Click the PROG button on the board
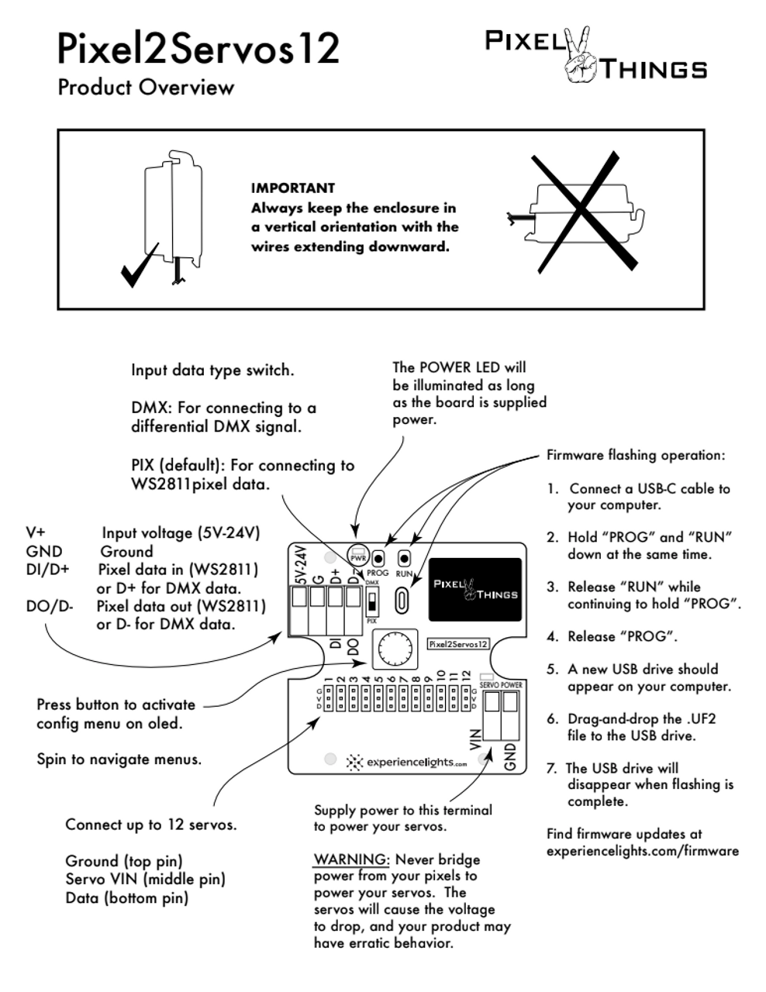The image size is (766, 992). point(378,558)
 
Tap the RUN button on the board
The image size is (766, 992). point(404,558)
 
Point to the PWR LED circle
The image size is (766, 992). point(358,555)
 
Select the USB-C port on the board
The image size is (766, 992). point(402,599)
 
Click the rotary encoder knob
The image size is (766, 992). point(393,649)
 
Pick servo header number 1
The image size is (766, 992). point(329,695)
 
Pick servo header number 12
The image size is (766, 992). point(466,695)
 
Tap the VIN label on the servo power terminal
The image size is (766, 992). point(476,739)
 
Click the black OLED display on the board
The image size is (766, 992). point(474,589)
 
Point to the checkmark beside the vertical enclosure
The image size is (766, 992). point(140,267)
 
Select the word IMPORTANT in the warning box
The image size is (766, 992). point(293,188)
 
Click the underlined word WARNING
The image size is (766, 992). point(351,859)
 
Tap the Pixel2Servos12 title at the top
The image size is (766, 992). point(198,48)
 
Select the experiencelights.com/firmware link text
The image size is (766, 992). point(642,851)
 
